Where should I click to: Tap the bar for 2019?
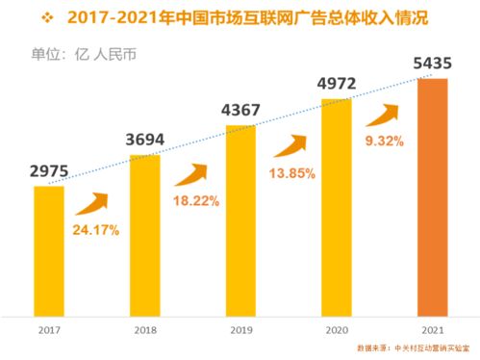pyautogui.click(x=240, y=219)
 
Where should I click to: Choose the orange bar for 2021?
pyautogui.click(x=433, y=196)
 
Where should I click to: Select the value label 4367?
pyautogui.click(x=240, y=111)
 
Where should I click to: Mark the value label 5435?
pyautogui.click(x=433, y=64)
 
